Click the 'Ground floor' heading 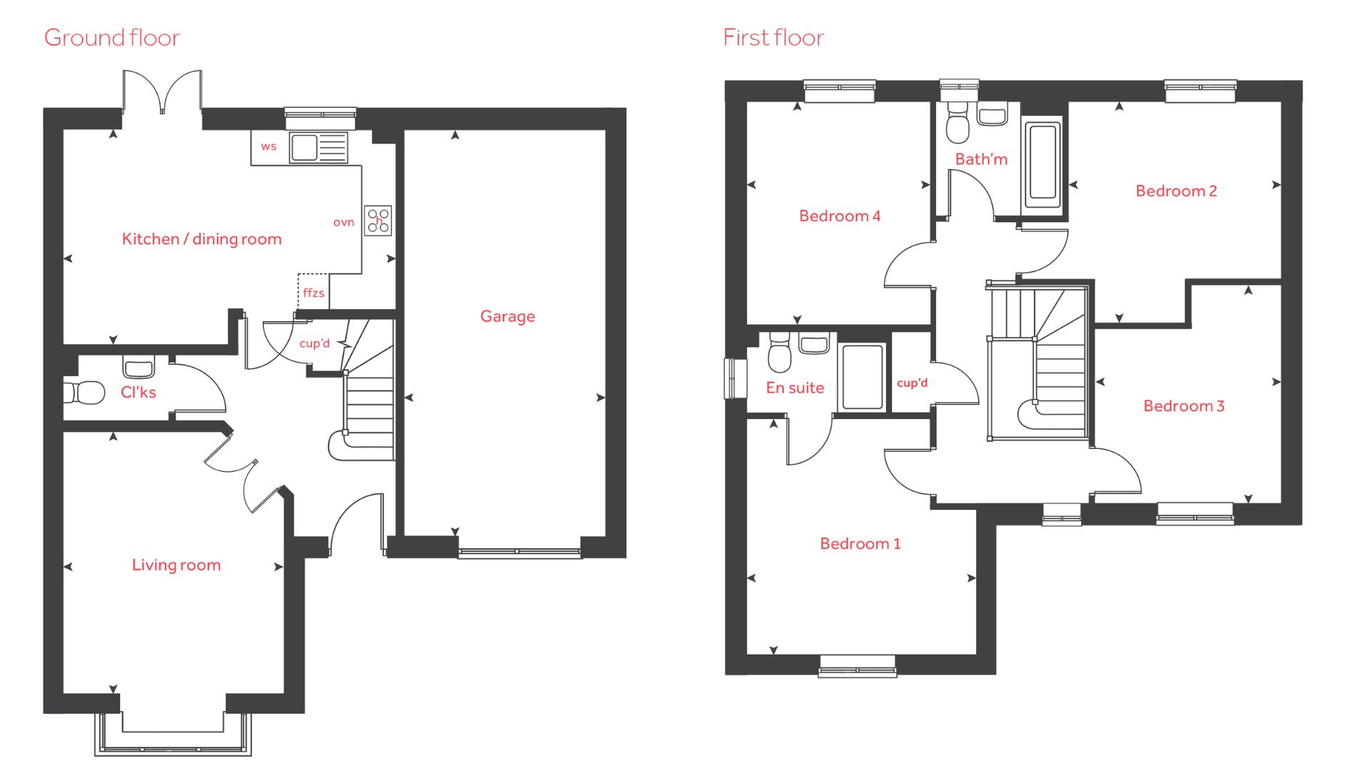click(112, 38)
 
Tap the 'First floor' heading click(773, 38)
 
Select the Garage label click(508, 316)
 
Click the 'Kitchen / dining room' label click(202, 239)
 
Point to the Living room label click(176, 565)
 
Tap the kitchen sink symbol click(318, 148)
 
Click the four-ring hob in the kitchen click(378, 221)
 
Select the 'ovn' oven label click(343, 222)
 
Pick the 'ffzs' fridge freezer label click(313, 293)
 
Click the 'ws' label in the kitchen click(268, 146)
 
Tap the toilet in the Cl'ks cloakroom click(85, 392)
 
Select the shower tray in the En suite click(863, 377)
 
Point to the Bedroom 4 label click(840, 216)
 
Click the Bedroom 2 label click(1176, 191)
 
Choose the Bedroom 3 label click(1184, 406)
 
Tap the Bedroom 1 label click(860, 544)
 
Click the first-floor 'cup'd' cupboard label click(913, 383)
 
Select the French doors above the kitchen click(162, 91)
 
